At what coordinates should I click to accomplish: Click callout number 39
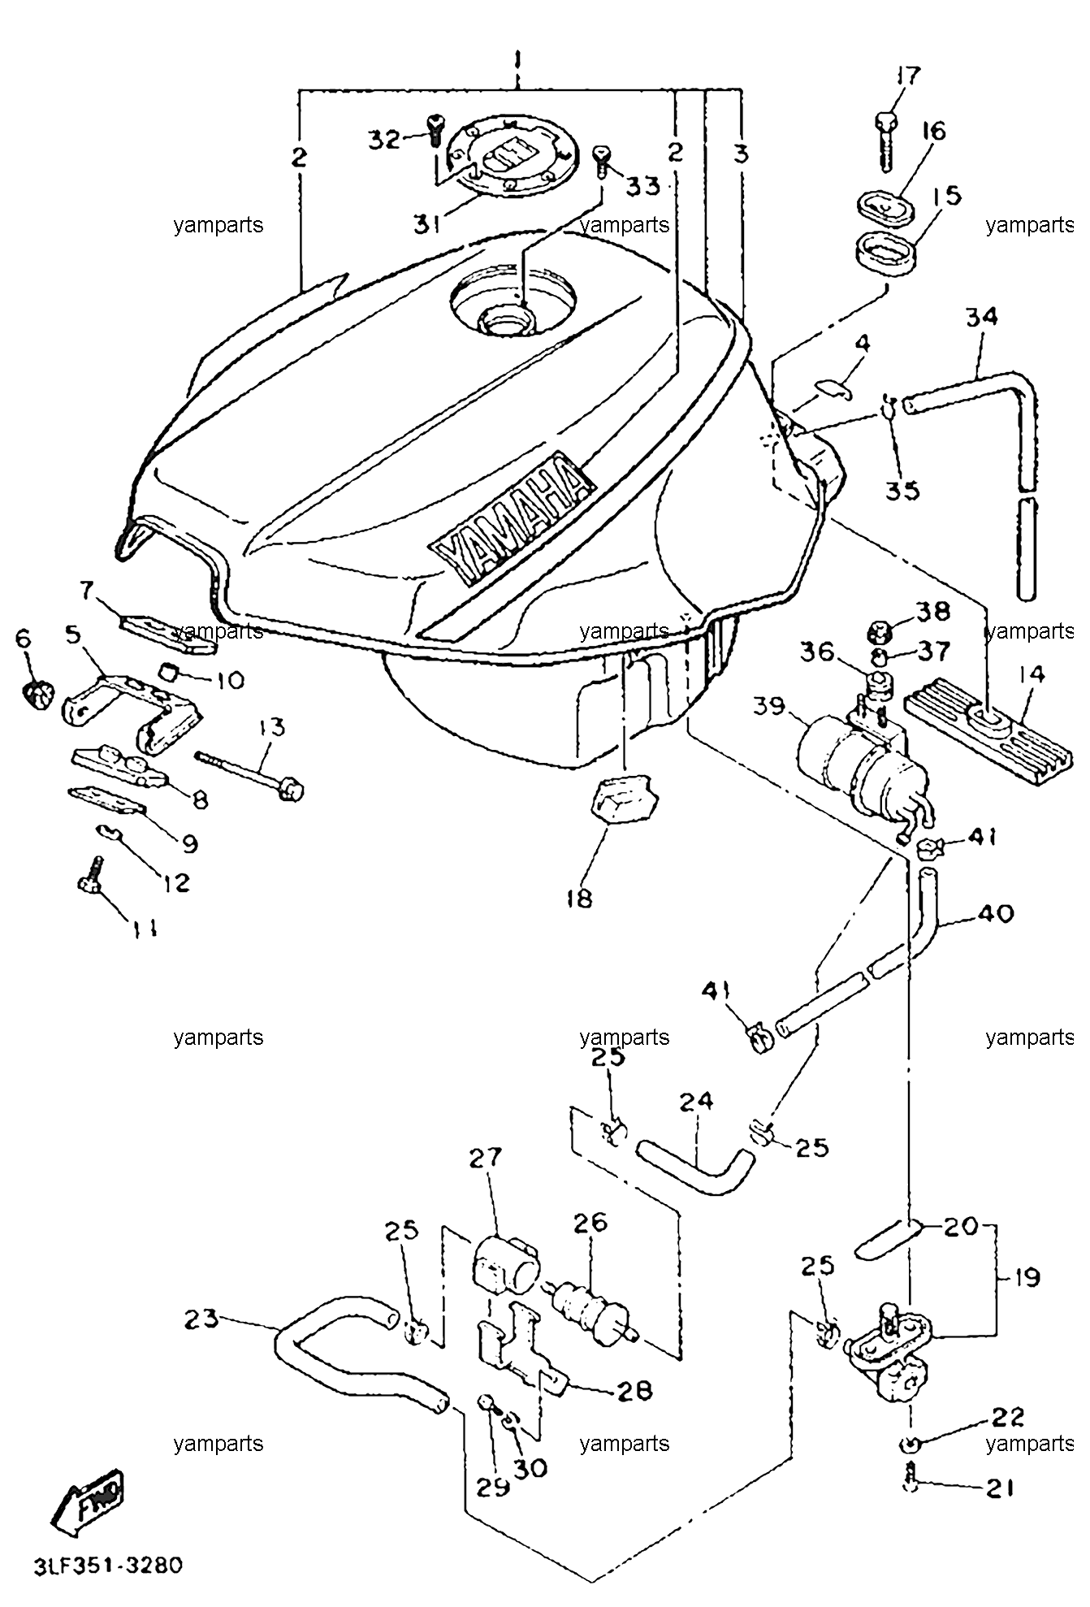click(768, 706)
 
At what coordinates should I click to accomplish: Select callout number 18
click(580, 898)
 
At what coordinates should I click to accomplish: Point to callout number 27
click(485, 1156)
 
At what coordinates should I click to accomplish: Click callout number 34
click(981, 316)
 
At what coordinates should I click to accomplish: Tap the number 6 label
click(23, 639)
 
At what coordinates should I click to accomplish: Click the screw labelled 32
click(435, 132)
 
